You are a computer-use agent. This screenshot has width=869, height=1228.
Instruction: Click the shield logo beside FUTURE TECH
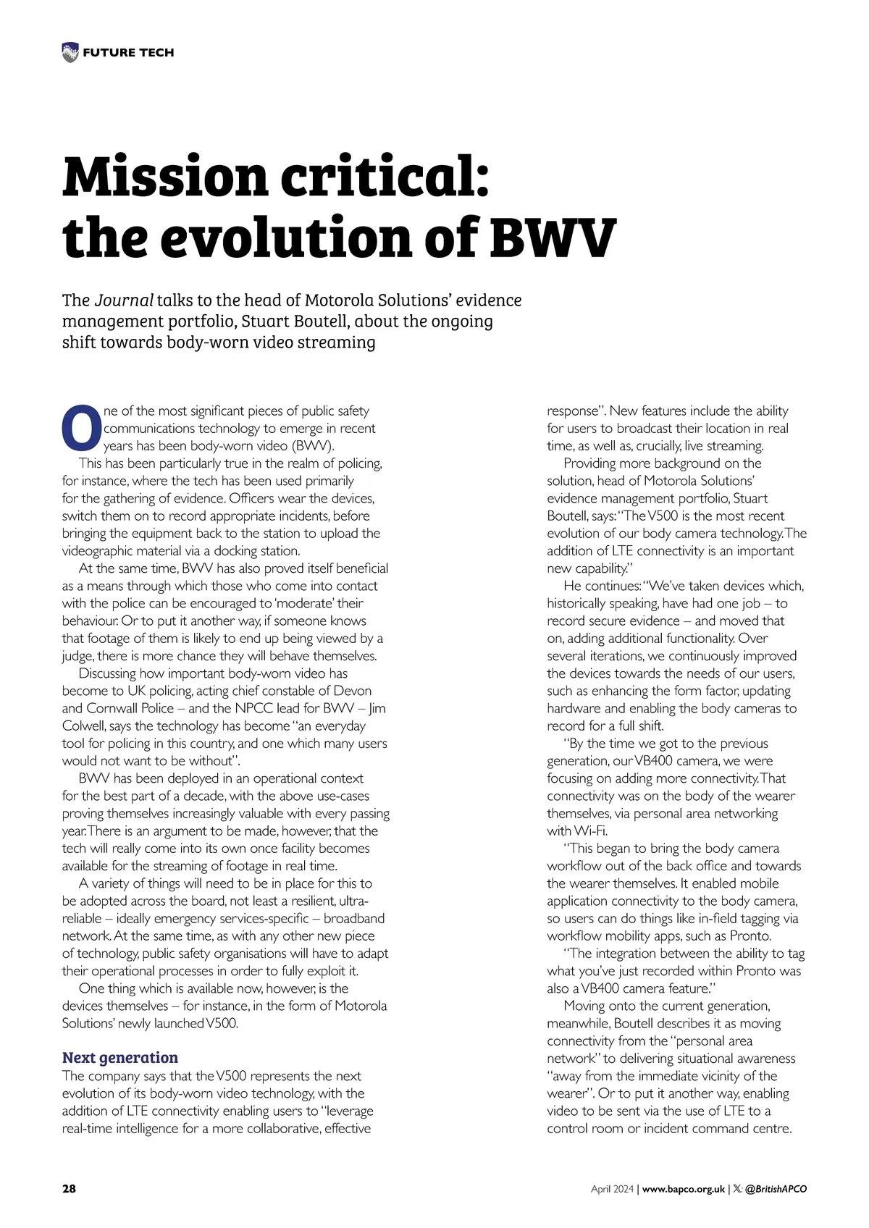(x=70, y=52)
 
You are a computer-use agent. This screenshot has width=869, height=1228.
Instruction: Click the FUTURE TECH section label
(x=128, y=52)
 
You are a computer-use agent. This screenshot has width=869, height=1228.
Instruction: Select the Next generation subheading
(x=119, y=1057)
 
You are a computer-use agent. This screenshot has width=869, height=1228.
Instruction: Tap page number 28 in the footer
(x=69, y=1189)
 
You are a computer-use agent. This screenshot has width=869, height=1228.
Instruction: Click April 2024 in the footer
(x=612, y=1189)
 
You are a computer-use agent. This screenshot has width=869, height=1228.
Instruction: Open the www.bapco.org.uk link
(x=683, y=1189)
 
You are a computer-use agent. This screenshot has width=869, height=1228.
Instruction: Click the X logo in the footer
(x=736, y=1189)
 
